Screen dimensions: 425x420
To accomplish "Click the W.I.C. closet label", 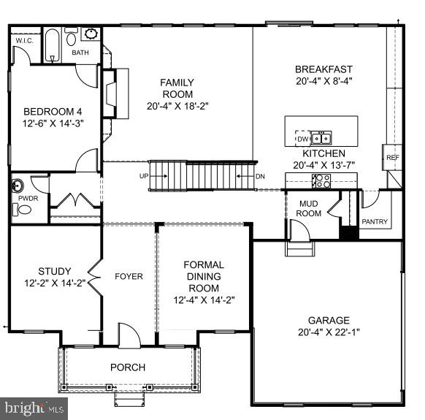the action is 24,41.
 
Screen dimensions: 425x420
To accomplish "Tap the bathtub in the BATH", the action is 52,45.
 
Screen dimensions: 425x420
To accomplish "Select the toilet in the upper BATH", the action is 71,36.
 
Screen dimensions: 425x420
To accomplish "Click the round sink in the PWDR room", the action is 18,186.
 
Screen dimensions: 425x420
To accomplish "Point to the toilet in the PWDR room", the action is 22,210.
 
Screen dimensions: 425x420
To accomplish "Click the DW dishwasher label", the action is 303,139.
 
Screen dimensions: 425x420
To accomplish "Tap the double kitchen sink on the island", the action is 321,138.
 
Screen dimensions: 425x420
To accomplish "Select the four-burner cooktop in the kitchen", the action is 321,181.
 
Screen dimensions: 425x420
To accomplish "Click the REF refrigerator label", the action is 392,158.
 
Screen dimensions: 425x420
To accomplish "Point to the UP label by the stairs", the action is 144,176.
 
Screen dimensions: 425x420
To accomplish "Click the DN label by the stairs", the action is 260,177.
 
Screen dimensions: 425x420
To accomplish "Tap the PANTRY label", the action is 375,222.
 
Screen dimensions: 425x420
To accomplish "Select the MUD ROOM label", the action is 308,208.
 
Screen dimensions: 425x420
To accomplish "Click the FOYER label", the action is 129,276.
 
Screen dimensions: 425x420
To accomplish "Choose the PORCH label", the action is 128,367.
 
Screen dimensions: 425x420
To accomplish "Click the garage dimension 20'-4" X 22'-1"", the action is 329,332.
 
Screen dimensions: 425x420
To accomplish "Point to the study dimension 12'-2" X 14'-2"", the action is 55,283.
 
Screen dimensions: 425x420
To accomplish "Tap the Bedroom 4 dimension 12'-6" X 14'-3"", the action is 53,123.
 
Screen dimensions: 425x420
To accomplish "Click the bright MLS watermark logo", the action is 34,408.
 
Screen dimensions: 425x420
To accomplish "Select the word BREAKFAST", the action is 323,69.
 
